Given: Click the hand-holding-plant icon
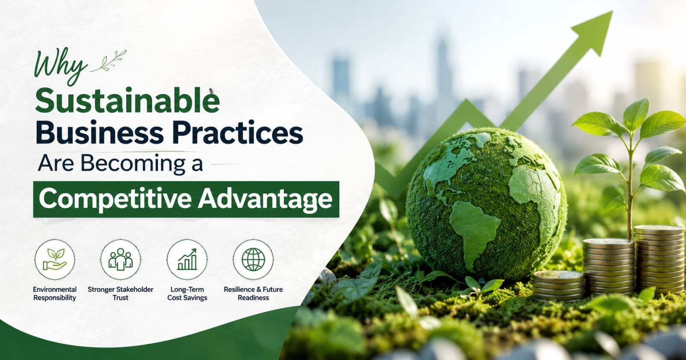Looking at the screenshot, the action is click(x=55, y=260).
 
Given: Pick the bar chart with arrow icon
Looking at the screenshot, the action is click(x=187, y=259).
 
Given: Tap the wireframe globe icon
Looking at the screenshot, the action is click(x=253, y=259).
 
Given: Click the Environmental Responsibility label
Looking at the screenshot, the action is click(x=55, y=294).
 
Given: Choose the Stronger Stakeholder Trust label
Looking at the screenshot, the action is click(x=120, y=294).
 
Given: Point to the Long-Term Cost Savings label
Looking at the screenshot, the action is click(x=187, y=294).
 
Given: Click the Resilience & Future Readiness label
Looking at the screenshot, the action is click(x=253, y=294).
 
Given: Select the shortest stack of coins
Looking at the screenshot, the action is click(x=558, y=285).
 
